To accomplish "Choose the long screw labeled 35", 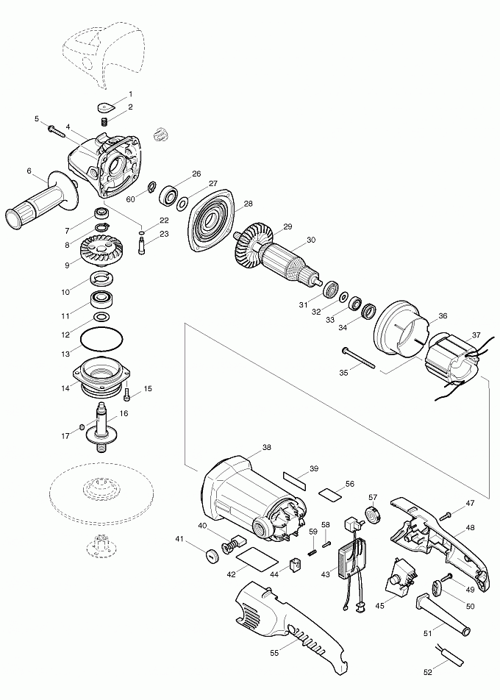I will coord(358,358).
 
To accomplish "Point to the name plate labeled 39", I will coord(296,480).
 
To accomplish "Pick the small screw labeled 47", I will coord(447,516).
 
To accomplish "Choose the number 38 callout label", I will coord(266,447).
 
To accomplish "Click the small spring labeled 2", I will coord(104,121).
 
